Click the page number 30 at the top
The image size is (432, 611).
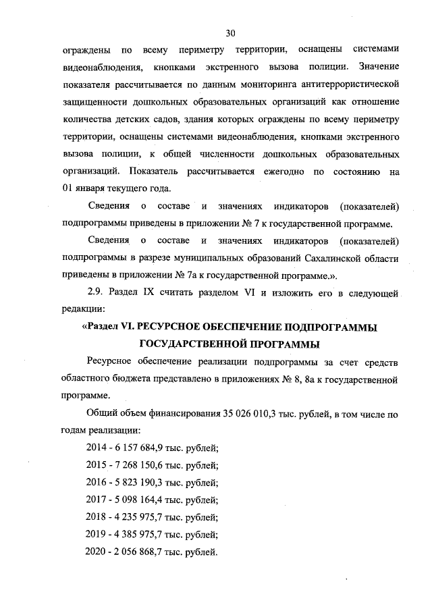pos(230,32)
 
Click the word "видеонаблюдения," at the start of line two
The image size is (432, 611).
pos(101,68)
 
